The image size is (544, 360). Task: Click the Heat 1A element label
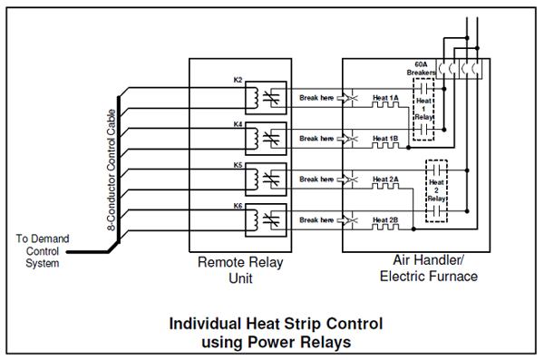coord(385,97)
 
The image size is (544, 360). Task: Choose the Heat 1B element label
coord(385,138)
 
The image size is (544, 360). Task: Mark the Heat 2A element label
coord(385,179)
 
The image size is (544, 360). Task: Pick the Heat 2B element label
coord(385,219)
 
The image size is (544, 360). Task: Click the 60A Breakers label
coord(420,69)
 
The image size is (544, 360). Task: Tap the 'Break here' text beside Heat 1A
coord(316,97)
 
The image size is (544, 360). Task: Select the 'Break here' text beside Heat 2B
coord(316,219)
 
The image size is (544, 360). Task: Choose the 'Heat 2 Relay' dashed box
coord(438,190)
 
